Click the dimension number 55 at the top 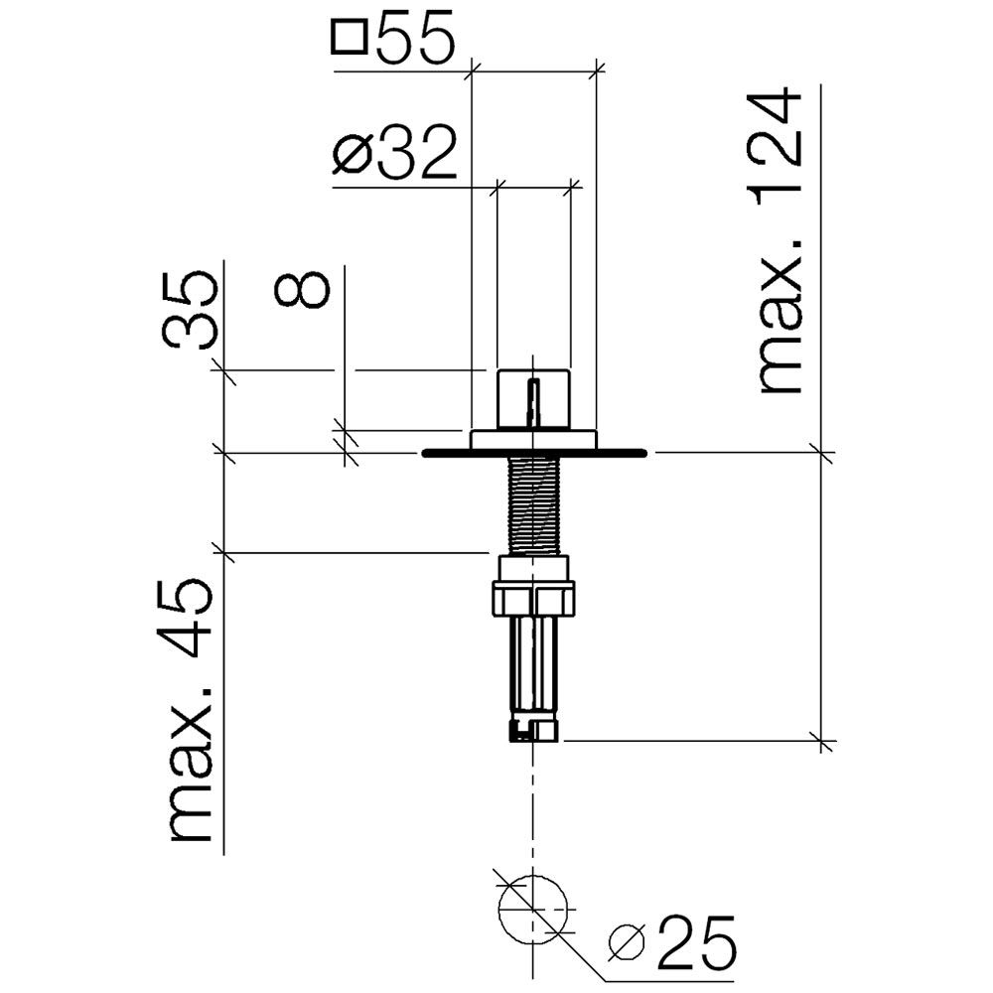416,37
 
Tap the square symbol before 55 349,37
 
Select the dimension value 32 416,151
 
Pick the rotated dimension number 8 302,289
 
